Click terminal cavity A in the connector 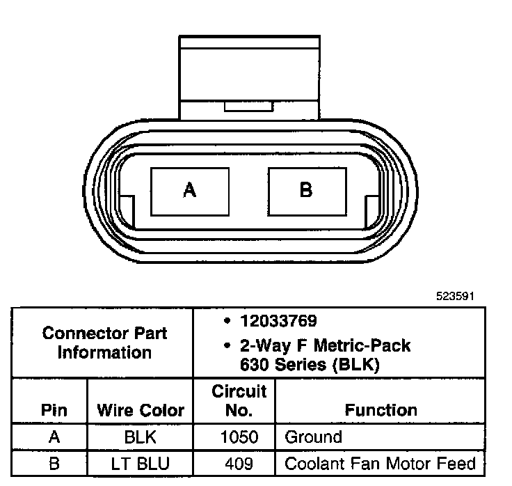click(x=190, y=192)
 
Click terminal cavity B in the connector click(x=307, y=192)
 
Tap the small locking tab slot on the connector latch click(x=248, y=107)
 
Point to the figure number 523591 click(x=455, y=296)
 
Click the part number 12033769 click(x=278, y=321)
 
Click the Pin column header click(x=54, y=410)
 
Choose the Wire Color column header click(x=141, y=410)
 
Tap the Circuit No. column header click(x=239, y=400)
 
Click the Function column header click(x=381, y=410)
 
